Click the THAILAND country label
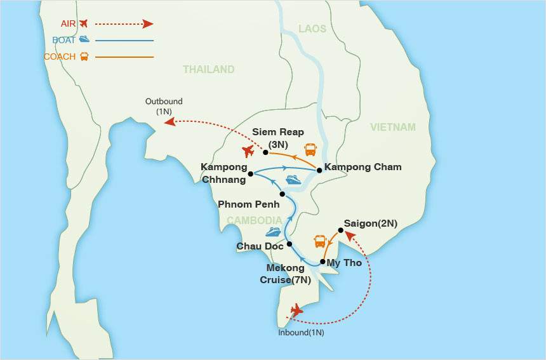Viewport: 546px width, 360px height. tap(209, 70)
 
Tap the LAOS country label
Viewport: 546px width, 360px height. tap(312, 29)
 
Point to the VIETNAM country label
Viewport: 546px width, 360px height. tap(393, 127)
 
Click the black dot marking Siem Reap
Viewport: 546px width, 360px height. tap(265, 152)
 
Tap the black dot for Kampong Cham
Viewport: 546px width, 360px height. tap(319, 170)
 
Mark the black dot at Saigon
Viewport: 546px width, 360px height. tap(341, 231)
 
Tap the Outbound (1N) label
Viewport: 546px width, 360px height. tap(164, 106)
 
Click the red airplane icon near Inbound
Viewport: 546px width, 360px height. tap(296, 310)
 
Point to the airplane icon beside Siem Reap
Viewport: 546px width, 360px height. tap(248, 152)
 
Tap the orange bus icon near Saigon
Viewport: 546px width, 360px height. tap(320, 242)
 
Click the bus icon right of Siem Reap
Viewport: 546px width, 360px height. tap(310, 150)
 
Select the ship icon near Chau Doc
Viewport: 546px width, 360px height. tap(273, 232)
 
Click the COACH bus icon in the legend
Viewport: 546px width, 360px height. tap(84, 57)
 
